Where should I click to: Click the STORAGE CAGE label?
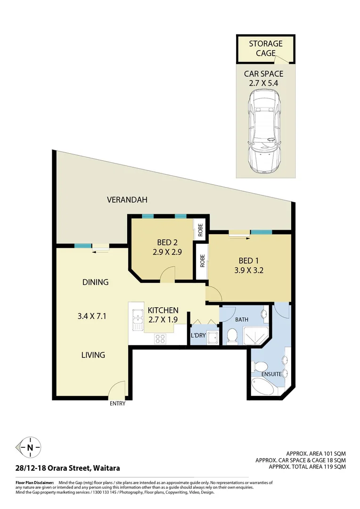pos(265,48)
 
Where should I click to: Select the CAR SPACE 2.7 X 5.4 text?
pos(263,78)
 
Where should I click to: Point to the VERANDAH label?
pos(127,200)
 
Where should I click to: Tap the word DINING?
pos(96,282)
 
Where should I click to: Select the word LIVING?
pos(93,355)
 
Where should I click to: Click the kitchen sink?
pos(137,319)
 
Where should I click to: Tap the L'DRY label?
pos(197,336)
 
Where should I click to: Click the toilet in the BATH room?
pos(232,336)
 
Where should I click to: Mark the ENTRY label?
pos(117,404)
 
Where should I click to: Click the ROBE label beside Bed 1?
pos(202,261)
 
